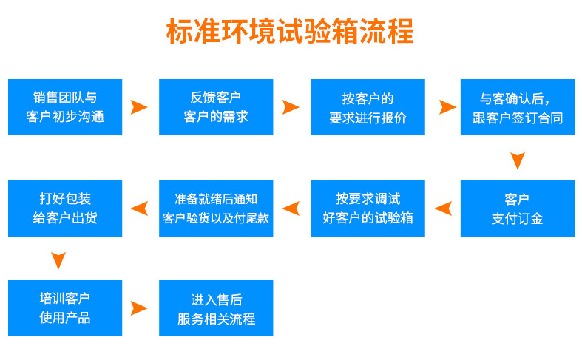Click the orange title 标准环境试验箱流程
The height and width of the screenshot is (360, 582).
pos(290,32)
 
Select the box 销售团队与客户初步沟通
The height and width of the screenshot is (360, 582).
pos(65,107)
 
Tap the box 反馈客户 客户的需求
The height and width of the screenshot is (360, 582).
pos(216,107)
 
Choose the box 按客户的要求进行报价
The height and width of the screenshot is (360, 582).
pos(368,107)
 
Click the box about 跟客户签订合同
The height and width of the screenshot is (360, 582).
pos(518,107)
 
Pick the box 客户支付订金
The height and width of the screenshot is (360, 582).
pos(518,208)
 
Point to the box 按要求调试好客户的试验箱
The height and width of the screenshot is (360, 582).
pos(368,208)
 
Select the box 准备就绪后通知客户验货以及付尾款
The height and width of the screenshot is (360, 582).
pos(216,208)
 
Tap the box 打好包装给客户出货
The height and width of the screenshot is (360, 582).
pos(65,208)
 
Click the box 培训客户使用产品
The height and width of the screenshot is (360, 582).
pos(65,308)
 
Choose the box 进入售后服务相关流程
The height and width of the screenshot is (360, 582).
pos(216,308)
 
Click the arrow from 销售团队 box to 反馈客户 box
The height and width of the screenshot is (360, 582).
pos(139,107)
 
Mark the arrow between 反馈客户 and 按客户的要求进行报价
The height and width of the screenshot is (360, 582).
pos(291,107)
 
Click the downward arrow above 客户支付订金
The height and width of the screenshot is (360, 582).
pos(518,160)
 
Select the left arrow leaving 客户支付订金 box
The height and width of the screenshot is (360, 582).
pos(443,208)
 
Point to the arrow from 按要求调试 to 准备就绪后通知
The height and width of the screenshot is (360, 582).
pos(291,208)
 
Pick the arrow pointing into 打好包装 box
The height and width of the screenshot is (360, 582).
pos(139,208)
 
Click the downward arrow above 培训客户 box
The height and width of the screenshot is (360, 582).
pos(58,260)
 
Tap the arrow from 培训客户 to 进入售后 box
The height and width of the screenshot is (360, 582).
pos(139,308)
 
